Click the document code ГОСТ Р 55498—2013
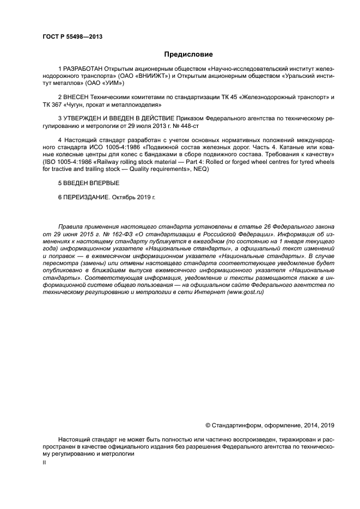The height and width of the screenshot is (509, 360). tap(72, 37)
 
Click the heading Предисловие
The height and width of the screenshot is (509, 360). tap(188, 54)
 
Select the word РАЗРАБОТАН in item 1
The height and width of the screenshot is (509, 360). tap(83, 69)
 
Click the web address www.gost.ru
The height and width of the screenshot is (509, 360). tap(245, 292)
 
